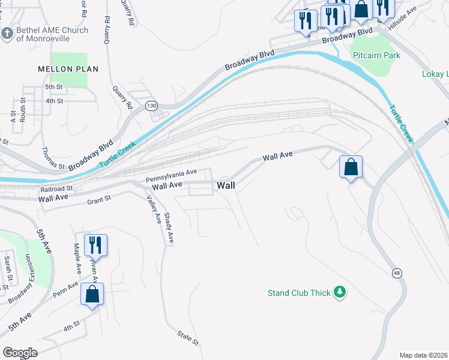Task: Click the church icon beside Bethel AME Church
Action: [x=7, y=34]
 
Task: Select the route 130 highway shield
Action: [x=151, y=106]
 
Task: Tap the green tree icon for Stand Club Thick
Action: [x=340, y=292]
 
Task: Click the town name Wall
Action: [x=226, y=185]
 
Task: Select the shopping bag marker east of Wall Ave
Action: [x=351, y=166]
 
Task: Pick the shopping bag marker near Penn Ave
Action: [x=92, y=294]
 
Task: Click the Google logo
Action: [x=20, y=352]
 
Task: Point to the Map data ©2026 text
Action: [x=423, y=355]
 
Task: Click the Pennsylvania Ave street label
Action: [x=172, y=176]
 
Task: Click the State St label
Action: [x=188, y=337]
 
